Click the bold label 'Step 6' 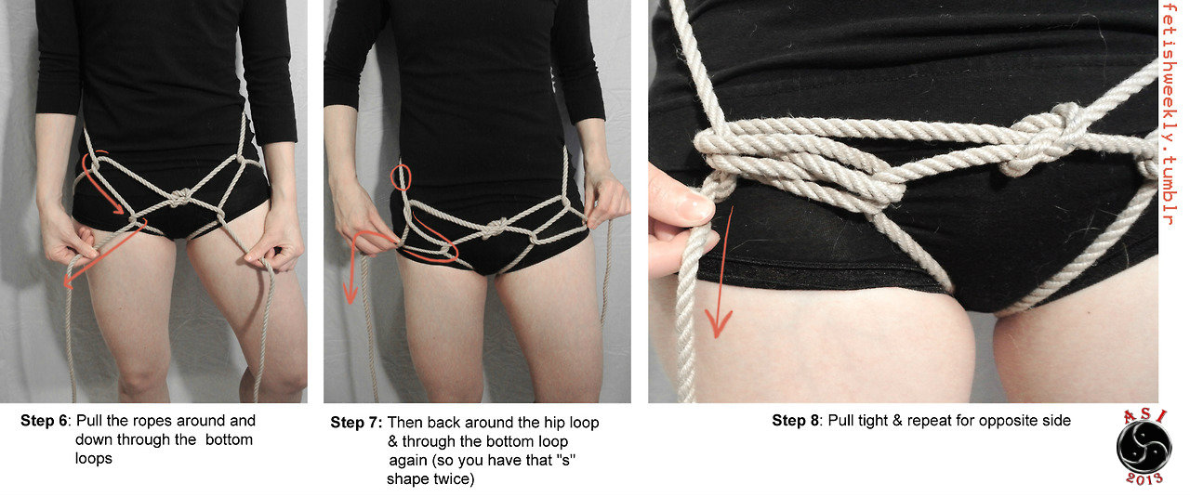tap(44, 421)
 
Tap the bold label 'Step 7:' tap(356, 423)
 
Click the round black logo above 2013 tap(1144, 447)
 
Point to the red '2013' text tap(1144, 479)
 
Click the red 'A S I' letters tap(1144, 415)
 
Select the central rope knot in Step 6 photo tap(180, 197)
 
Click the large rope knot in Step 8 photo tap(1044, 139)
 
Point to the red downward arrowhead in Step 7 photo tap(350, 294)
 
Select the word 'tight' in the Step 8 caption tap(875, 421)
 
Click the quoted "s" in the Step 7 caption tap(566, 460)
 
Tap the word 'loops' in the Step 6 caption tap(94, 459)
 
